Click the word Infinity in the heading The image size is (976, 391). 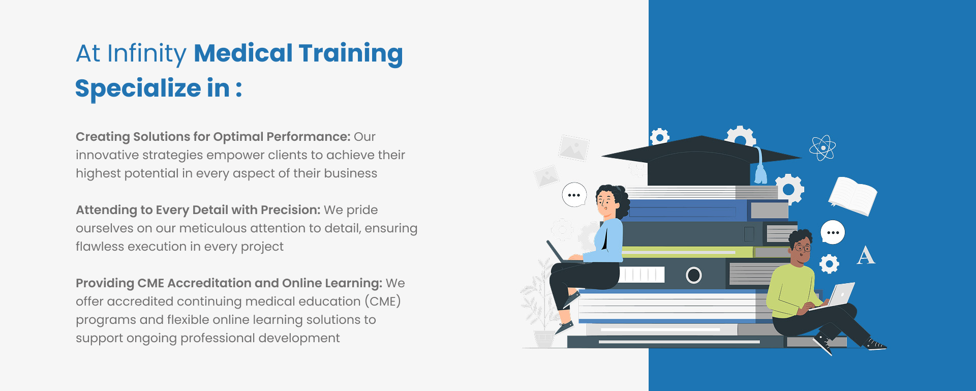click(147, 54)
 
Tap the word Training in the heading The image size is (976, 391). click(351, 54)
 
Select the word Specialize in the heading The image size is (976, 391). click(138, 89)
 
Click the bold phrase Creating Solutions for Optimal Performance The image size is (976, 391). click(213, 137)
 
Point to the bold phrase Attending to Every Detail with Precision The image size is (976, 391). click(198, 210)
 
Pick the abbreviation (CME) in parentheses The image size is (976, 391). click(383, 302)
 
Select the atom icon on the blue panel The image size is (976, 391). click(822, 148)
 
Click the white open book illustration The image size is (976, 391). click(853, 195)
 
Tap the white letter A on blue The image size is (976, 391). click(866, 256)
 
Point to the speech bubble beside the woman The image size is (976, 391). click(574, 195)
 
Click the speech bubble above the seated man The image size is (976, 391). click(833, 232)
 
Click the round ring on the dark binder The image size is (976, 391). click(694, 275)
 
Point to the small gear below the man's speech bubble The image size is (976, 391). click(829, 263)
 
